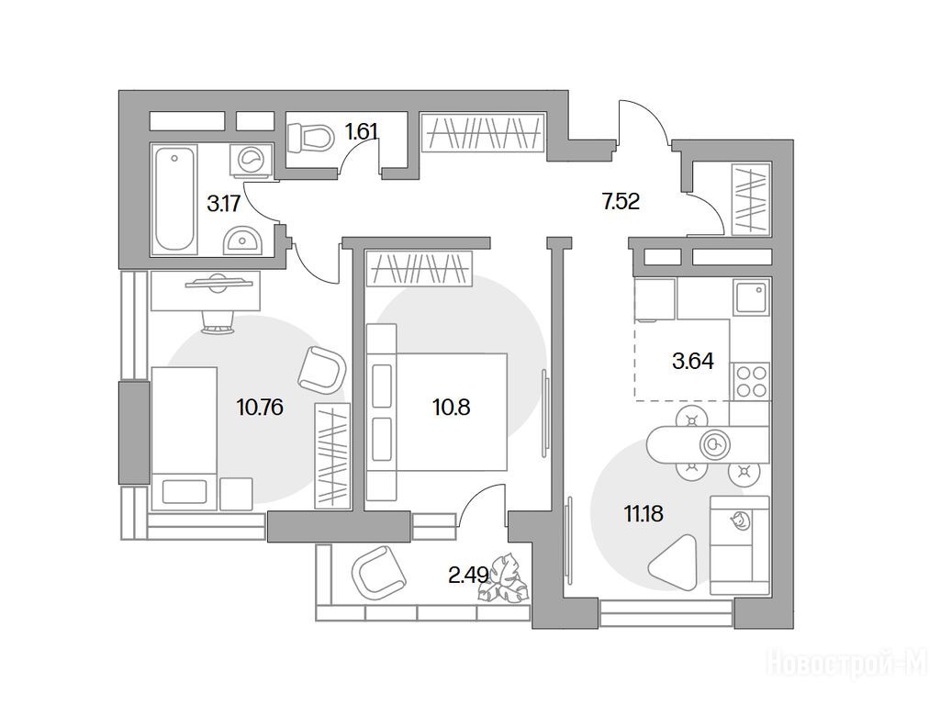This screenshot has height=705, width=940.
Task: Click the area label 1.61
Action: coord(362,130)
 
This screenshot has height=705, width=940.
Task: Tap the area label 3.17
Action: coord(223,204)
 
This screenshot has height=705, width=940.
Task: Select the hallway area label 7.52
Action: coord(621,201)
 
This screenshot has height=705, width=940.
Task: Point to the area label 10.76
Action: coord(260,408)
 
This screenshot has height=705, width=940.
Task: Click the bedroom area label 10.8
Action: coord(451,408)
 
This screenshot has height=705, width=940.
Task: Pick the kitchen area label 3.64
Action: coord(693,361)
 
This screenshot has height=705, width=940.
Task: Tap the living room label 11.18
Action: coord(643,514)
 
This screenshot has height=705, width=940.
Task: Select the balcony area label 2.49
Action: coord(468,576)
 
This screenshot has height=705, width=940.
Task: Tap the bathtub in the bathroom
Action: coord(174,199)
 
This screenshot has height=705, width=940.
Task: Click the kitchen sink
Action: coord(751,297)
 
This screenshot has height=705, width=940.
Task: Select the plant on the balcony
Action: coord(502,578)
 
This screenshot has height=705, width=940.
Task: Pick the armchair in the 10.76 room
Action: coord(321,370)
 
